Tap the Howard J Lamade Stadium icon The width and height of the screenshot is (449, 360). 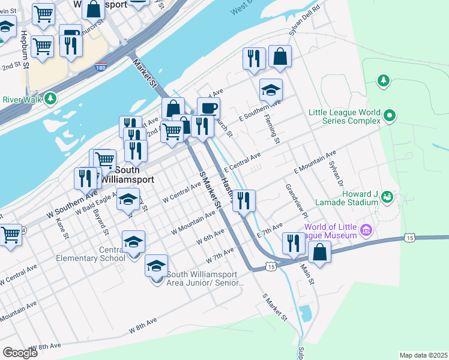(x=387, y=196)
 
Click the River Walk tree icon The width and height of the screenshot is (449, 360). (x=52, y=97)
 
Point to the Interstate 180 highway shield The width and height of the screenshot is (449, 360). (x=101, y=69)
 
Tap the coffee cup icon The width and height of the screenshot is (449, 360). (x=208, y=109)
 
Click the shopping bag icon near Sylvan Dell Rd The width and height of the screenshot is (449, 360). (x=280, y=58)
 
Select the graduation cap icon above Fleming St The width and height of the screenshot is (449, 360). (x=271, y=91)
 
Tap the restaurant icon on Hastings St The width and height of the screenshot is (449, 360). (x=244, y=200)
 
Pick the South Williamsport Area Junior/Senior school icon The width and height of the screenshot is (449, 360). (x=156, y=266)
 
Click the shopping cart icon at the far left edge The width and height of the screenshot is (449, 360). (x=10, y=235)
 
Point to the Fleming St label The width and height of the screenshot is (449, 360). (x=273, y=130)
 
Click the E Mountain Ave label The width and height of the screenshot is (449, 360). (x=315, y=162)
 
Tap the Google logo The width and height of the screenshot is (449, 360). (x=20, y=353)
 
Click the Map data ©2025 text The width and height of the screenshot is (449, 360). (x=423, y=355)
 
